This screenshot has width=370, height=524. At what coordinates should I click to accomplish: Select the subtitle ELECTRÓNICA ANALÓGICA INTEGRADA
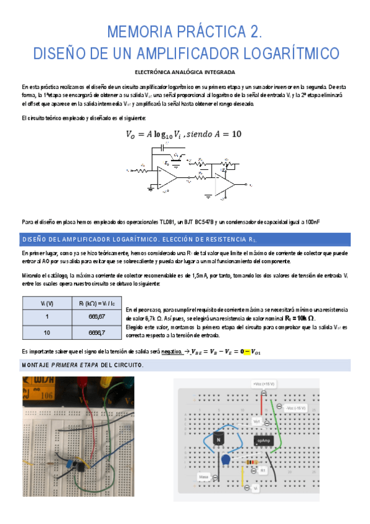(185, 72)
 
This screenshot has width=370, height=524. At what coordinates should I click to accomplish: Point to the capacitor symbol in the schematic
(163, 148)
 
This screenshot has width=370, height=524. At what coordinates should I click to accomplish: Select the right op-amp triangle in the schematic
(232, 184)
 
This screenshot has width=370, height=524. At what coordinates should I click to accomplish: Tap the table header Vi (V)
(46, 303)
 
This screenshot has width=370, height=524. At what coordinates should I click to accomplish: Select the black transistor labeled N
(217, 439)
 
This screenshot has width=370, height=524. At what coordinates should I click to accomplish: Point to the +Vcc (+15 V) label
(264, 384)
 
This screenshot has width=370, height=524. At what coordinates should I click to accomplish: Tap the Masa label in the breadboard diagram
(204, 477)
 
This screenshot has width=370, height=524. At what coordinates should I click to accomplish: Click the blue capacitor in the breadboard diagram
(225, 459)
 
